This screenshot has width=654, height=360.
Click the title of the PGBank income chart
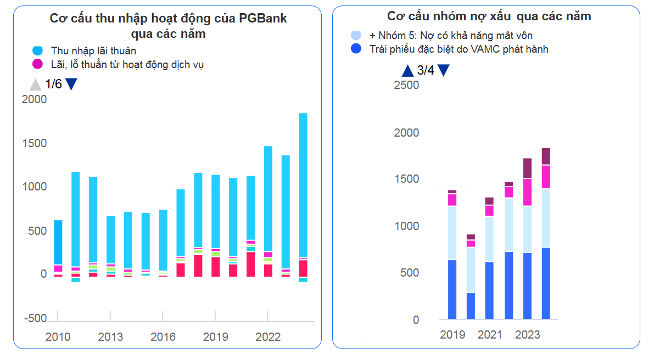tap(168, 26)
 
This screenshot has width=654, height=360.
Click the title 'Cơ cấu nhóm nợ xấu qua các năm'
tap(489, 16)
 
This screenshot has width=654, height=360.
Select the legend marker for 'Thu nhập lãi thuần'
tap(37, 51)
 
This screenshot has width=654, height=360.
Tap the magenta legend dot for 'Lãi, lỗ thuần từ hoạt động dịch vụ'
tap(37, 64)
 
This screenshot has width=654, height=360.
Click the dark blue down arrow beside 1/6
tap(71, 85)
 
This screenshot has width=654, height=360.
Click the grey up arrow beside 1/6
tap(35, 85)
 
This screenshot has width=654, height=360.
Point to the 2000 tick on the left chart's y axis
tap(34, 99)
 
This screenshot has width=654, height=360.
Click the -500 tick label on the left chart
tap(36, 318)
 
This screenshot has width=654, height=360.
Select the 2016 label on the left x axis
tap(163, 337)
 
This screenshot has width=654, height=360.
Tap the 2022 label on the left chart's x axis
tap(268, 337)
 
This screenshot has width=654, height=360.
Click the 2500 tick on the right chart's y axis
tap(406, 86)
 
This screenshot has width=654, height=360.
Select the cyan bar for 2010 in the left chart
tap(58, 241)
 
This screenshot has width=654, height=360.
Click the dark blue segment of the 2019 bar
tap(452, 289)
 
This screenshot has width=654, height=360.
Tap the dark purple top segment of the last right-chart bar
tap(546, 156)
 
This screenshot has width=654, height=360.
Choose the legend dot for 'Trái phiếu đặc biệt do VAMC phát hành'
tap(356, 49)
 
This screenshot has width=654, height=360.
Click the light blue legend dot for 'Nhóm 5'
tap(356, 36)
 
